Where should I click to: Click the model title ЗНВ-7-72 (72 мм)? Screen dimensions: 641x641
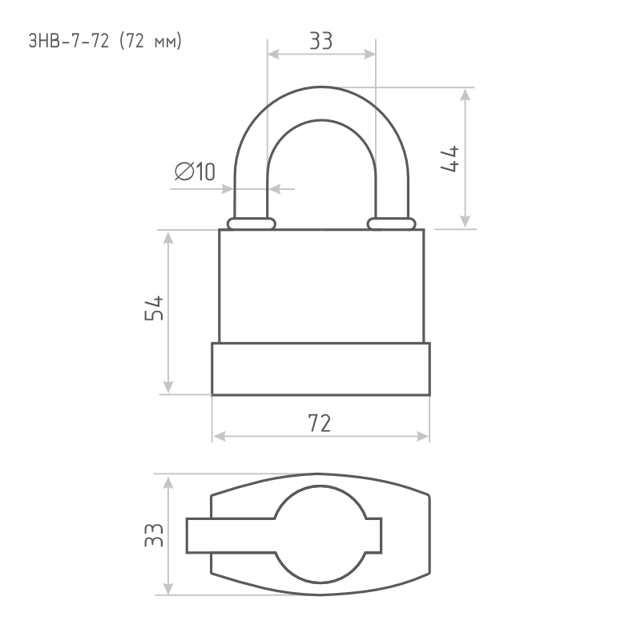[x=105, y=42]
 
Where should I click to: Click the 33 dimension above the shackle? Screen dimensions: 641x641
[x=321, y=41]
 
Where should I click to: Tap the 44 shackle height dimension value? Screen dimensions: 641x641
[x=450, y=159]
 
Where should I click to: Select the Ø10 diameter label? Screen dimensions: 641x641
[x=195, y=171]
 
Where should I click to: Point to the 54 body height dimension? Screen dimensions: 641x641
[x=154, y=308]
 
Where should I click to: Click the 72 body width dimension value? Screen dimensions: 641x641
[x=320, y=423]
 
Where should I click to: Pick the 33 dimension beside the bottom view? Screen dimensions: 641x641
[x=154, y=534]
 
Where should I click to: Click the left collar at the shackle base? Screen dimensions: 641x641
[x=252, y=224]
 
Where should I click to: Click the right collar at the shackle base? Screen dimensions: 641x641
[x=391, y=224]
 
